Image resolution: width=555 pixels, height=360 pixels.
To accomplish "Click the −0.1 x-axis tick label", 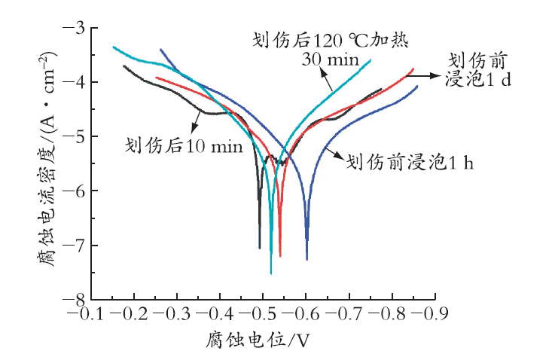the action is (85, 313).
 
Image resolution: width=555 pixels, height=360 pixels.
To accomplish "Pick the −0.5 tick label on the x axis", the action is (258, 313).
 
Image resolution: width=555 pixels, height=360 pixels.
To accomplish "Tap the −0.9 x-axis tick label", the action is (430, 313).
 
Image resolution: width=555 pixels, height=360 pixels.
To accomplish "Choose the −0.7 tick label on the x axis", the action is (343, 313).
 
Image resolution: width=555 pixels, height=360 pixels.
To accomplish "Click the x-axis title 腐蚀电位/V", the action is (258, 340).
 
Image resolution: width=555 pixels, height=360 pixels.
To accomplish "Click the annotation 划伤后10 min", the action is (184, 146).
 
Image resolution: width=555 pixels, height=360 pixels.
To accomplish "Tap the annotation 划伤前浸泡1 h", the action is (410, 163).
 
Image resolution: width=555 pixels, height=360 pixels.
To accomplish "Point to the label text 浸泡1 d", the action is (478, 79).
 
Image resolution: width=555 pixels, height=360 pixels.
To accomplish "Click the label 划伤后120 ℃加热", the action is (331, 40).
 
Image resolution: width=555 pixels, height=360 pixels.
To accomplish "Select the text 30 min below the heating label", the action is (331, 59).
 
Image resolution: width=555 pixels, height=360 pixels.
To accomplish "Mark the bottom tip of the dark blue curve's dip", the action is (307, 260).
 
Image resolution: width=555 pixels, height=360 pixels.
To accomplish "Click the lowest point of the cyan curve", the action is (271, 273).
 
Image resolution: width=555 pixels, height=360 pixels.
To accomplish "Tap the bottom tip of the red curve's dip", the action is (280, 256).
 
